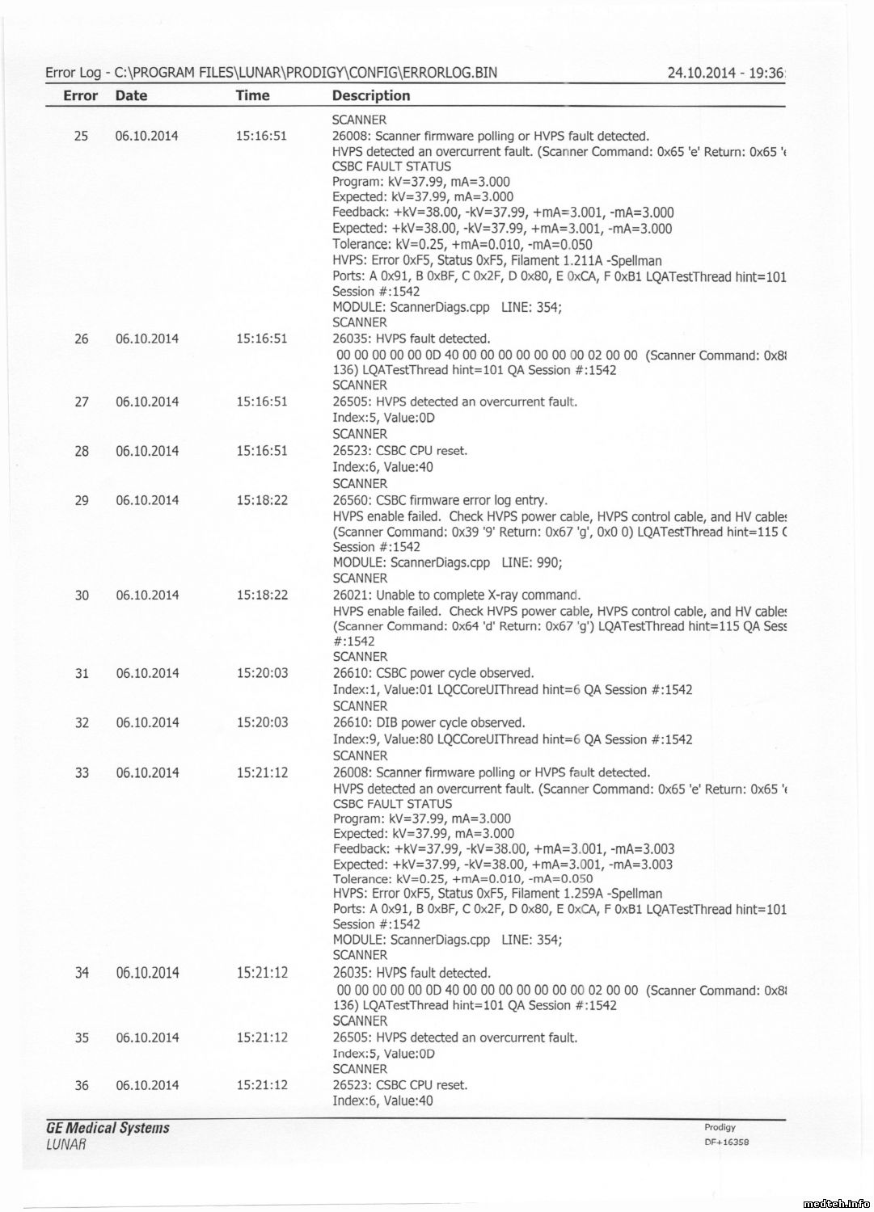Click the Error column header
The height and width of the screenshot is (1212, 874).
80,95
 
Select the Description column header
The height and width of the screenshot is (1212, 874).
371,95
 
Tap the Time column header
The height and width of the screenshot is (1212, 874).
252,95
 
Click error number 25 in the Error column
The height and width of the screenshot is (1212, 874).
81,136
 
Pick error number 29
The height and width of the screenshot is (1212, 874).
82,500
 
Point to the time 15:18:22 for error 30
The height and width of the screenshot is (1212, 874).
262,595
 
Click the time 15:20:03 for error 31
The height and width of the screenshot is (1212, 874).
262,673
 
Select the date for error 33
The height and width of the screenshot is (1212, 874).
147,772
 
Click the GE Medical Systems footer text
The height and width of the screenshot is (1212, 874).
108,1128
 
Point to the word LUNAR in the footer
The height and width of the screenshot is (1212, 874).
66,1144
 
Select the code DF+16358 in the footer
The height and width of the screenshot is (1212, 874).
727,1143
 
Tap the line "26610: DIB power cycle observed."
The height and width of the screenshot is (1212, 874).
429,723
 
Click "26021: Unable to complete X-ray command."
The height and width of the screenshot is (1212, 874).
457,595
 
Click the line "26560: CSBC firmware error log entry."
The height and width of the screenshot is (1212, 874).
440,500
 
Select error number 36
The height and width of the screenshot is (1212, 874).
82,1085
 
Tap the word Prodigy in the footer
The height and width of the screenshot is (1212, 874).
720,1127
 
